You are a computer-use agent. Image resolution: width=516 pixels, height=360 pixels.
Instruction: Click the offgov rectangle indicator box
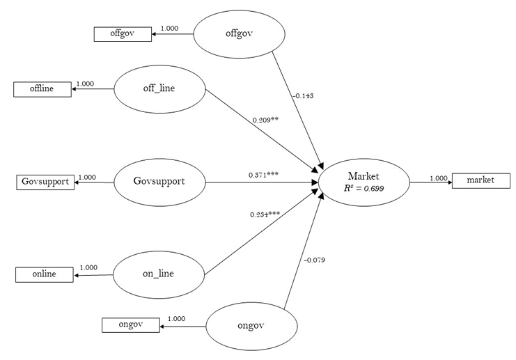(x=123, y=33)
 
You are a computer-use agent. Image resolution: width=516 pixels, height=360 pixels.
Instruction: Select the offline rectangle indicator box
(x=42, y=89)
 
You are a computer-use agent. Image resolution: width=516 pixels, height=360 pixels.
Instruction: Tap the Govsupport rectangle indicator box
(x=45, y=182)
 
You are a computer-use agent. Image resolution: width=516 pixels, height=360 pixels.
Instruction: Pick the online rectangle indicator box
(x=44, y=274)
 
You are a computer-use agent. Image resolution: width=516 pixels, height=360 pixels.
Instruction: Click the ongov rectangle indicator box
(x=130, y=324)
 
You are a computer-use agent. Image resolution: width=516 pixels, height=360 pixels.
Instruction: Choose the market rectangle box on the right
(x=480, y=180)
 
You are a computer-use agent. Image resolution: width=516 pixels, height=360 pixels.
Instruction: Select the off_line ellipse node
(x=159, y=89)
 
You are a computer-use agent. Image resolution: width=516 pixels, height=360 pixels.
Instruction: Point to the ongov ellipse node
(x=251, y=324)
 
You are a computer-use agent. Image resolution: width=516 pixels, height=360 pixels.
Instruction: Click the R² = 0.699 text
(x=363, y=189)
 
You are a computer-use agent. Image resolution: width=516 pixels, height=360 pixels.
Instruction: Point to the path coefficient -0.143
(x=303, y=95)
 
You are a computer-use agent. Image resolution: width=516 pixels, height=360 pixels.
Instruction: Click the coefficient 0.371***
(x=263, y=174)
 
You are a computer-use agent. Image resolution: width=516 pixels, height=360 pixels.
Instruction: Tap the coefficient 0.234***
(x=265, y=214)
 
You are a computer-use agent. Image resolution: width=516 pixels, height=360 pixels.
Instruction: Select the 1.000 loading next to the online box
(x=88, y=267)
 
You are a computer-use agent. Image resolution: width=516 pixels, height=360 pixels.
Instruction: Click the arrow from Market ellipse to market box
(x=430, y=183)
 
